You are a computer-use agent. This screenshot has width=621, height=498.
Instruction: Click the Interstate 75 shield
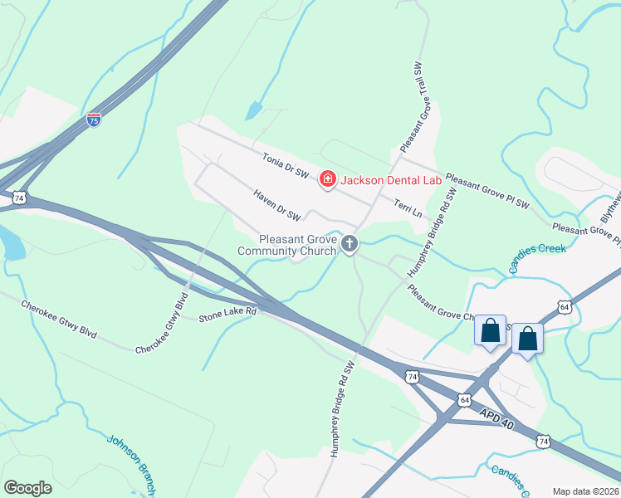[x=94, y=120]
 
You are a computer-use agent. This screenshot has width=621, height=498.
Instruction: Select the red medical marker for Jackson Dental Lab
[x=328, y=179]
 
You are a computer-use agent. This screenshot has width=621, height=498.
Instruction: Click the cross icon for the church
[x=350, y=244]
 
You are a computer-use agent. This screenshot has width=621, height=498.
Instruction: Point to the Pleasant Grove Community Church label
[x=286, y=244]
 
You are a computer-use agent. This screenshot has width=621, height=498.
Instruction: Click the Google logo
[x=28, y=488]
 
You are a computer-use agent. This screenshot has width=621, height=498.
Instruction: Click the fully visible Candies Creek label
[x=537, y=249]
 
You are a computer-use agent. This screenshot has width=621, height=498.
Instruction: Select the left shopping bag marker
[x=490, y=330]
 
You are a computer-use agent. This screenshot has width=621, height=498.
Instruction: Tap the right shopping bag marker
[x=528, y=339]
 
